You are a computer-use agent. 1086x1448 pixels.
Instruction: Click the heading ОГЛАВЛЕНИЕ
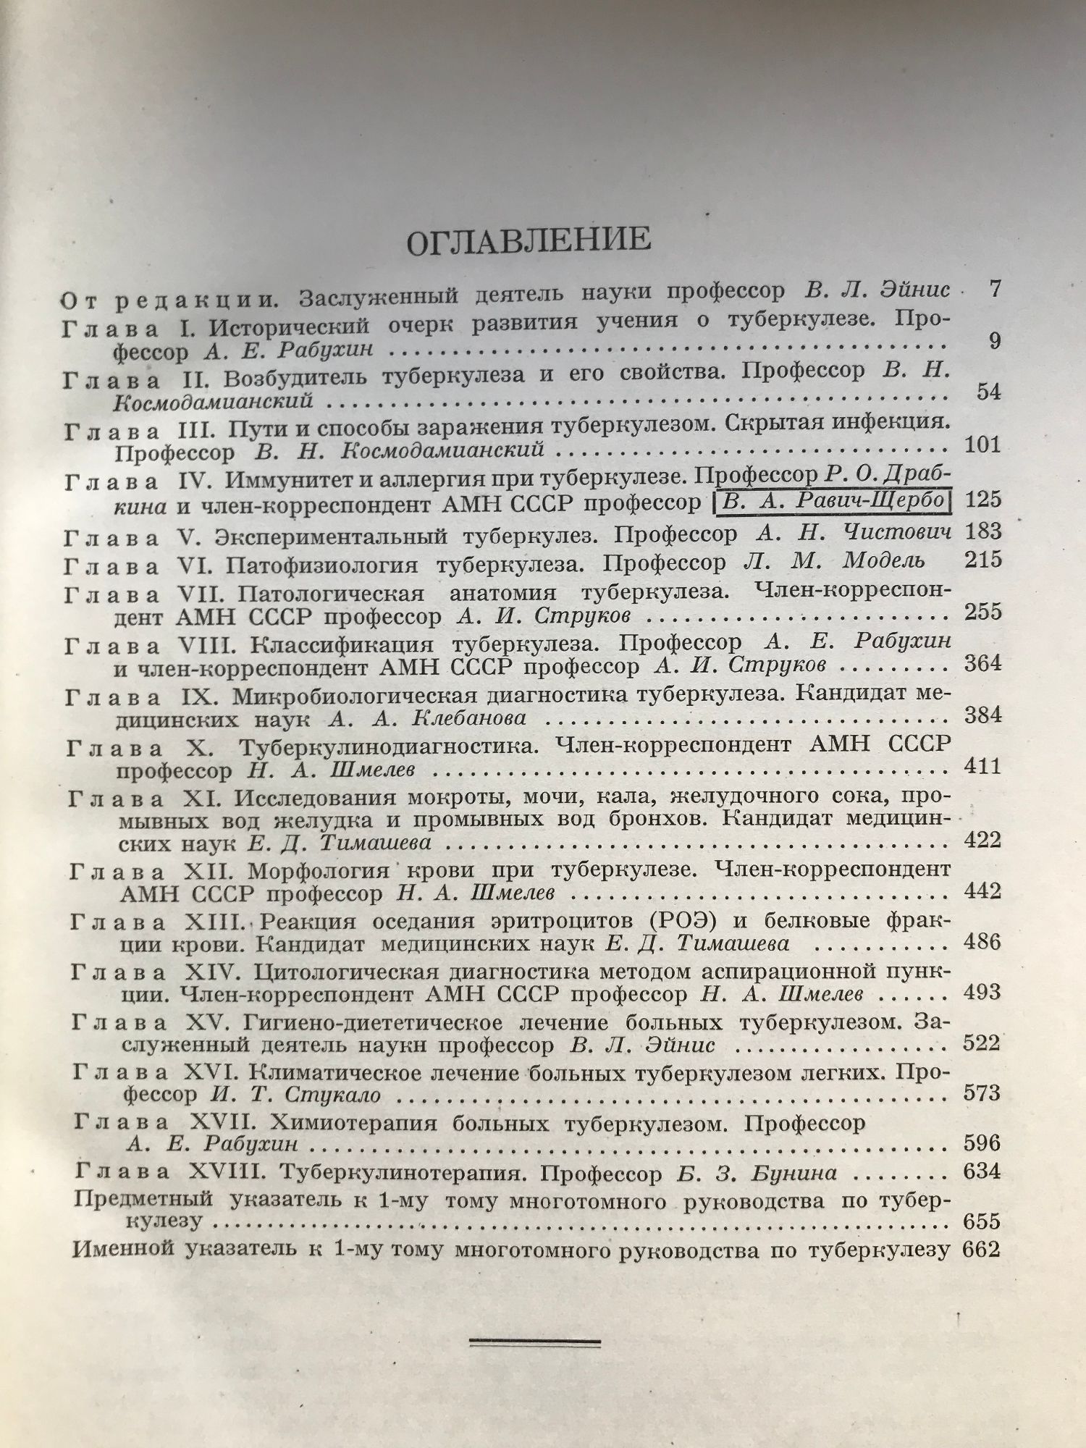coord(529,240)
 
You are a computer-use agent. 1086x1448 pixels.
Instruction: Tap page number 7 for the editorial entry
coord(993,290)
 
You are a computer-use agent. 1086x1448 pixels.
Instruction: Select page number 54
coord(988,392)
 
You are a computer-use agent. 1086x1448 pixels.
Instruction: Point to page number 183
coord(984,532)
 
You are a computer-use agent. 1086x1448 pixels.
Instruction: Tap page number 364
coord(983,663)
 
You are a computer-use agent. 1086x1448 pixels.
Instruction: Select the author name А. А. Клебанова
coord(426,719)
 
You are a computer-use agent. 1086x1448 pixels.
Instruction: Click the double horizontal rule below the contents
coord(535,1342)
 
